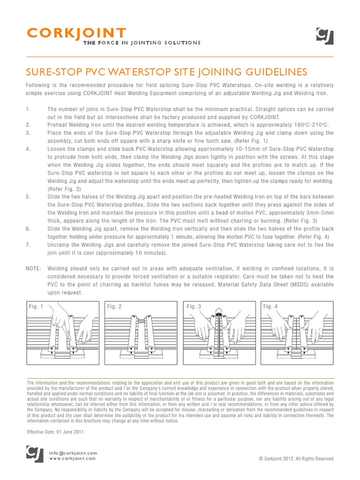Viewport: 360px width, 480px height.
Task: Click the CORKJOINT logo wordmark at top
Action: click(x=76, y=33)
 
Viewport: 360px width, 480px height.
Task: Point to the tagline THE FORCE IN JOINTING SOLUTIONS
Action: click(x=142, y=43)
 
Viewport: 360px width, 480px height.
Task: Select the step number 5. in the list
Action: click(x=28, y=197)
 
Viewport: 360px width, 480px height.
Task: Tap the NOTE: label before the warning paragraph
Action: click(x=33, y=269)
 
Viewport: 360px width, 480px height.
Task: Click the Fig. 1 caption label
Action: click(x=36, y=307)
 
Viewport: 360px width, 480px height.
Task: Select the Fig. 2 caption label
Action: click(x=114, y=307)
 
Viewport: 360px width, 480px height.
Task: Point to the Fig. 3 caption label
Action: click(x=194, y=307)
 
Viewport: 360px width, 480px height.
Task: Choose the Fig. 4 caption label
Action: click(x=270, y=307)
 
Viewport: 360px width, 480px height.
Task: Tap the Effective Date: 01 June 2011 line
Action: click(x=55, y=432)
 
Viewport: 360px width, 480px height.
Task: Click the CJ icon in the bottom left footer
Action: click(x=34, y=454)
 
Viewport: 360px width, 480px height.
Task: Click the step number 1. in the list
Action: click(x=28, y=109)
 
